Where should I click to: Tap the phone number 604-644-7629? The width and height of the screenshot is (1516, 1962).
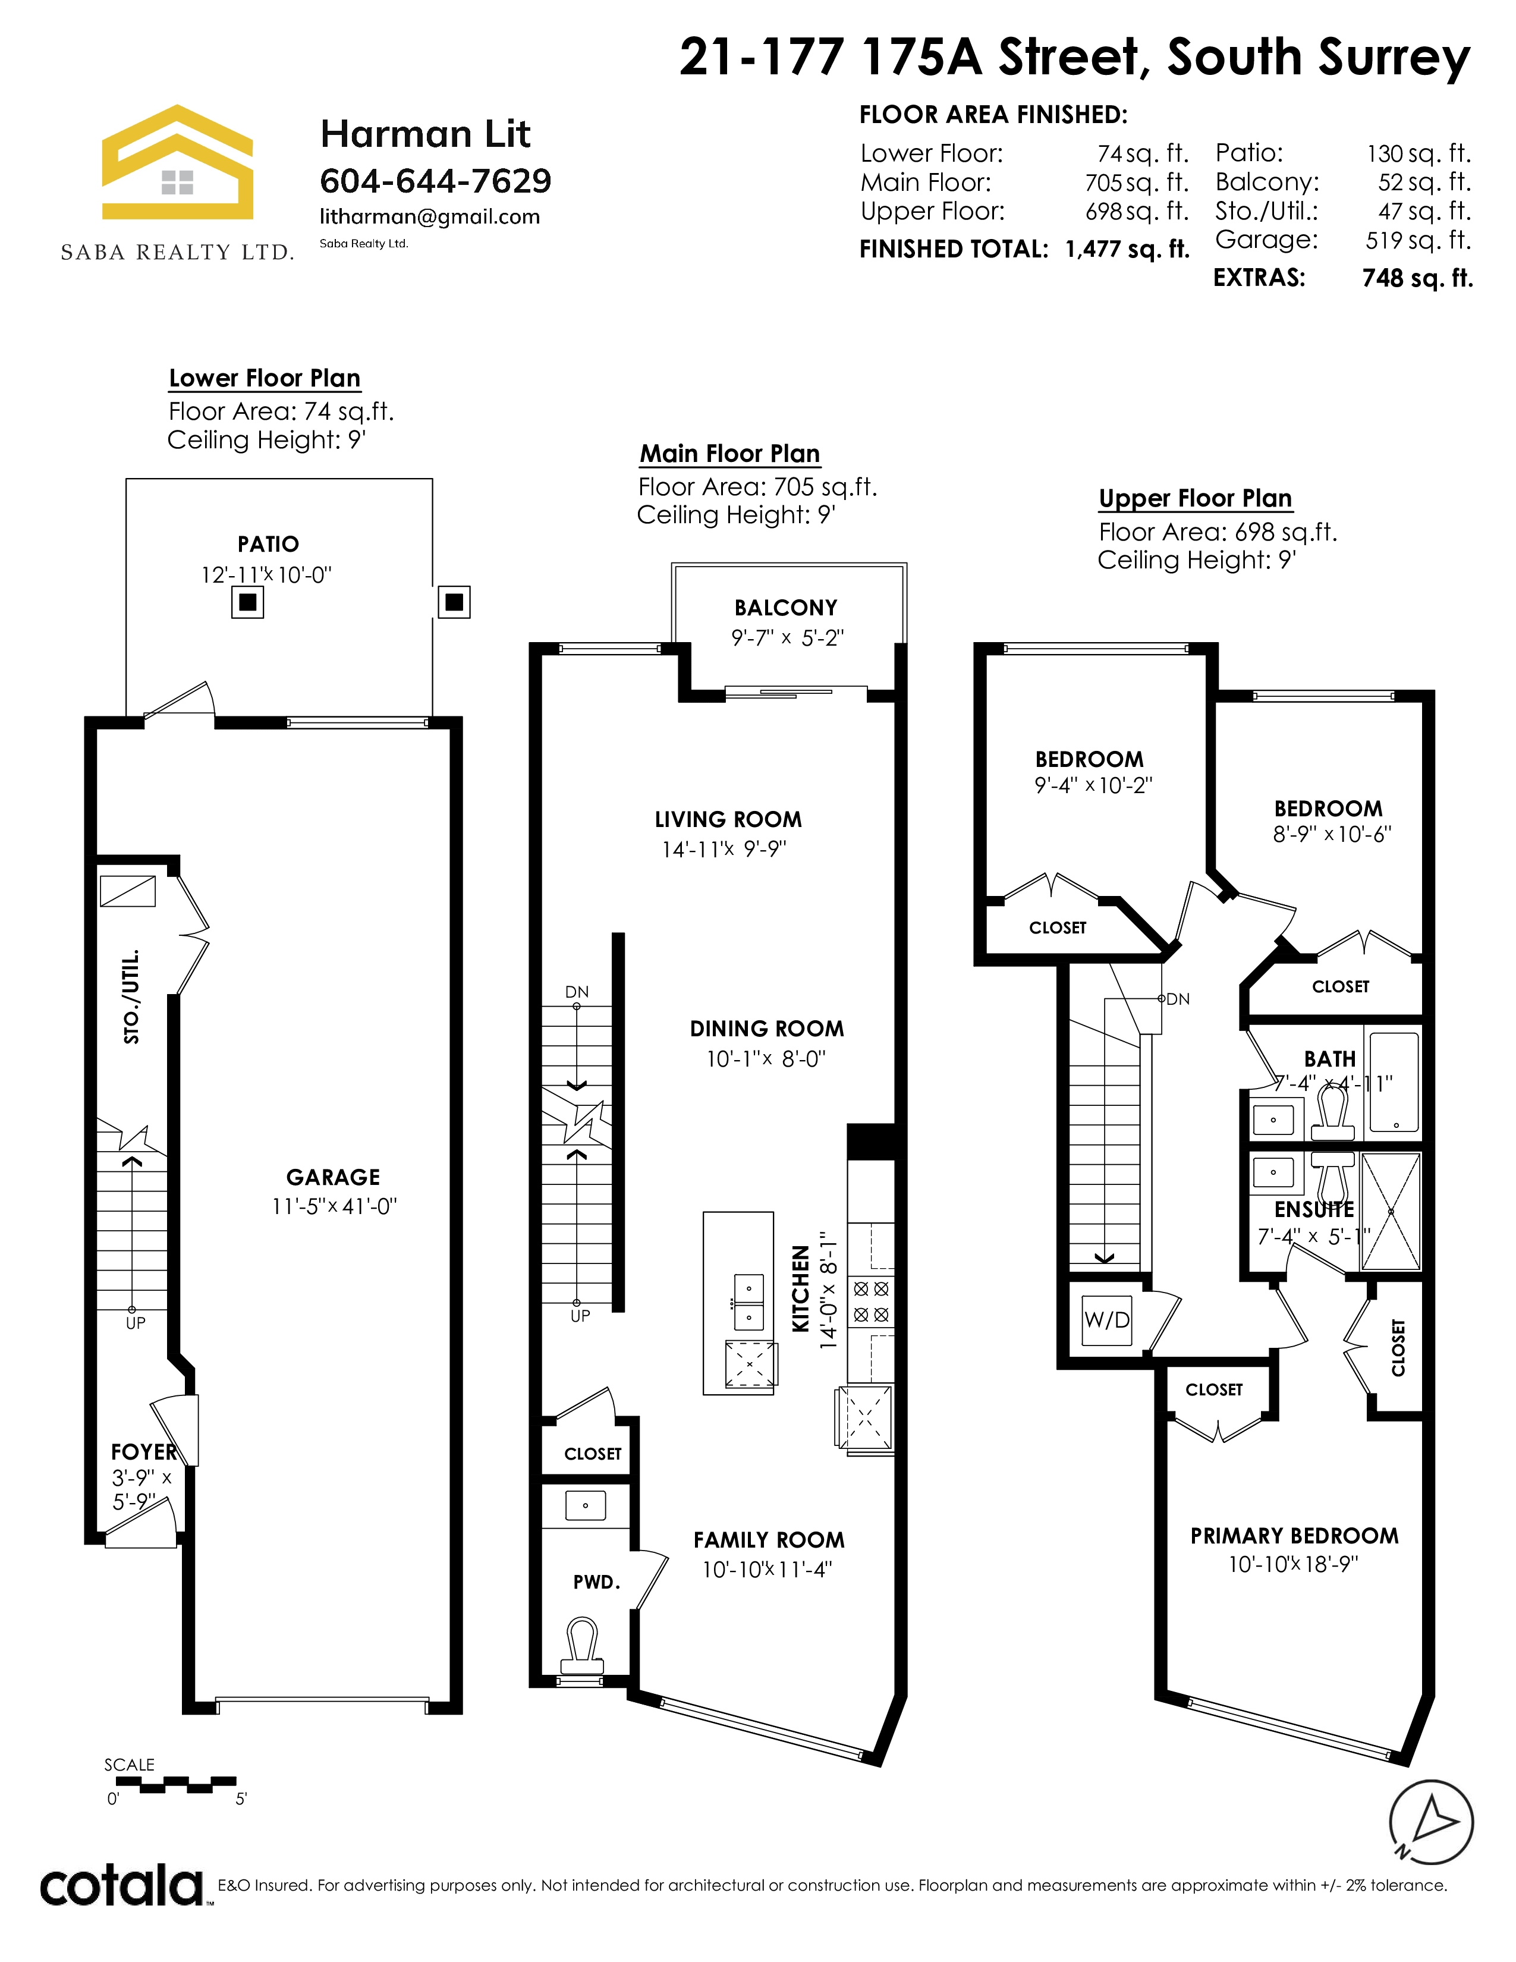pos(436,181)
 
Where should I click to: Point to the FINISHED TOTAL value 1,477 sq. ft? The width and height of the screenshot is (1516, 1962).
pos(1127,249)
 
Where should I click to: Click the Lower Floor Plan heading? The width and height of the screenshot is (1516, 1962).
pos(265,378)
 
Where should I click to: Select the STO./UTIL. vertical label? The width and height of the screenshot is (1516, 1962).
pos(131,996)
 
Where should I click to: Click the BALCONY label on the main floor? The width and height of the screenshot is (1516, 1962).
pos(786,608)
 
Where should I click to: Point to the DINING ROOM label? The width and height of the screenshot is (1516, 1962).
pos(767,1029)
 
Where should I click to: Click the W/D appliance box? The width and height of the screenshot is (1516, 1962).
pos(1106,1320)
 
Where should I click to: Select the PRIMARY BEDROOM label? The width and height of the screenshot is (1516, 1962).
pos(1294,1536)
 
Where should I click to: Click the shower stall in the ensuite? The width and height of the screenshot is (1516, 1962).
pos(1391,1211)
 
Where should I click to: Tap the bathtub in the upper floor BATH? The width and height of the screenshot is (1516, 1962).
pos(1395,1081)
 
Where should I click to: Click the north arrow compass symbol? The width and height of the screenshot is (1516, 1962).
pos(1432,1822)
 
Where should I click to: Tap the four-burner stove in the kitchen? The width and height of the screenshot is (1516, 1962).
pos(871,1301)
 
